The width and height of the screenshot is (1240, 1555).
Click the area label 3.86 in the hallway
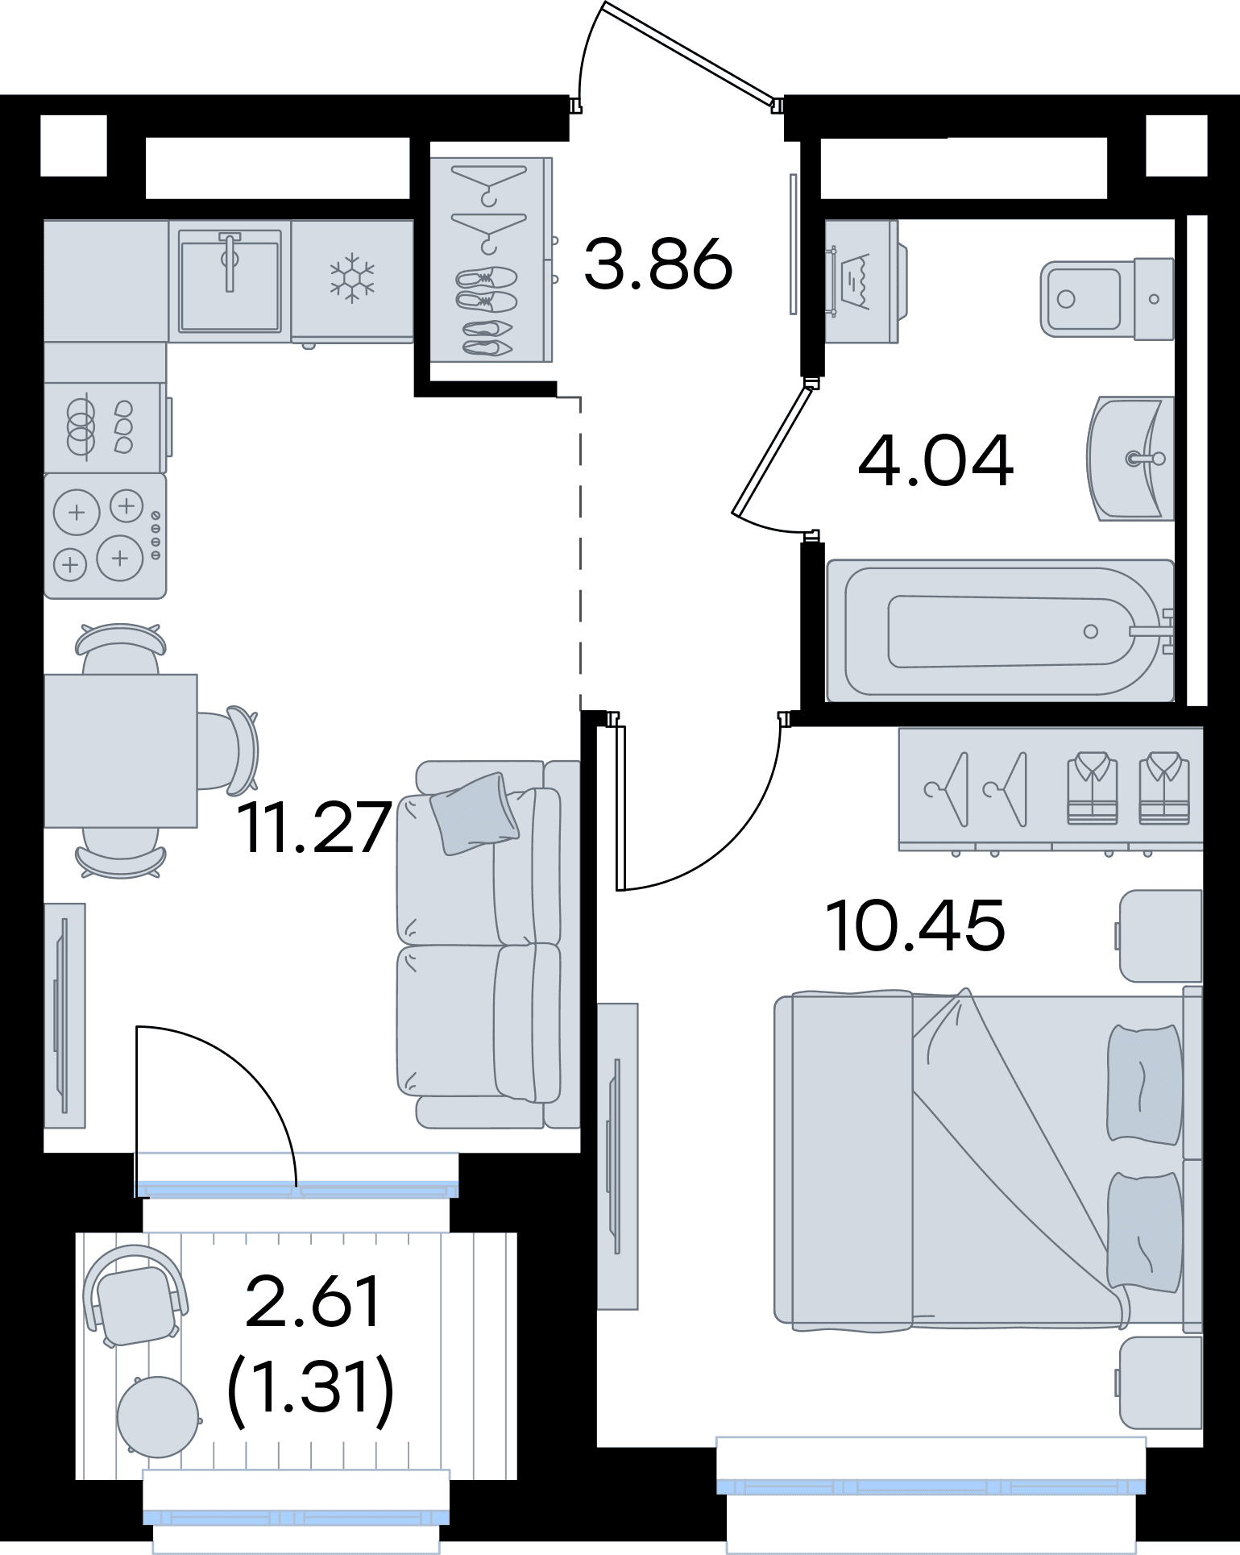click(x=658, y=263)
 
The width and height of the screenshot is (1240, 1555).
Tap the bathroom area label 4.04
click(x=935, y=462)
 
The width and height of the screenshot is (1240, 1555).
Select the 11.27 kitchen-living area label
click(x=313, y=827)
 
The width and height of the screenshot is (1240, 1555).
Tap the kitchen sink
click(x=230, y=280)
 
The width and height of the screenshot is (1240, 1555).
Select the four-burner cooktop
click(x=105, y=535)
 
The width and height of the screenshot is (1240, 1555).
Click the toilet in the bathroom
click(x=1107, y=298)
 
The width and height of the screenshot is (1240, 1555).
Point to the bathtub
click(x=1000, y=630)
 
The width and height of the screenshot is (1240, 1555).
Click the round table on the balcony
click(x=158, y=1416)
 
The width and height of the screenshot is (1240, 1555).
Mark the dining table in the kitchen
click(x=121, y=750)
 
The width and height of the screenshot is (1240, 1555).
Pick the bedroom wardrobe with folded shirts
click(x=1051, y=790)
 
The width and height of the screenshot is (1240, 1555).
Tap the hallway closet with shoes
click(x=491, y=260)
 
